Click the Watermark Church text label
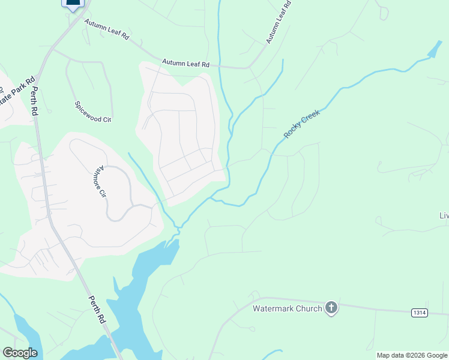[287, 309]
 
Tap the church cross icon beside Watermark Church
[331, 308]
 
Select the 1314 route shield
[420, 313]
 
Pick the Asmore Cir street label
[101, 182]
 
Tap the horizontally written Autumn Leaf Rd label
[185, 63]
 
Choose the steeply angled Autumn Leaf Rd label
[279, 22]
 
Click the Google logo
[20, 353]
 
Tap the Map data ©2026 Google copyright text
[412, 355]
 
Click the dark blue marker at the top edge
[73, 4]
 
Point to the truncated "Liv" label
[444, 215]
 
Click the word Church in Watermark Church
[306, 309]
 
